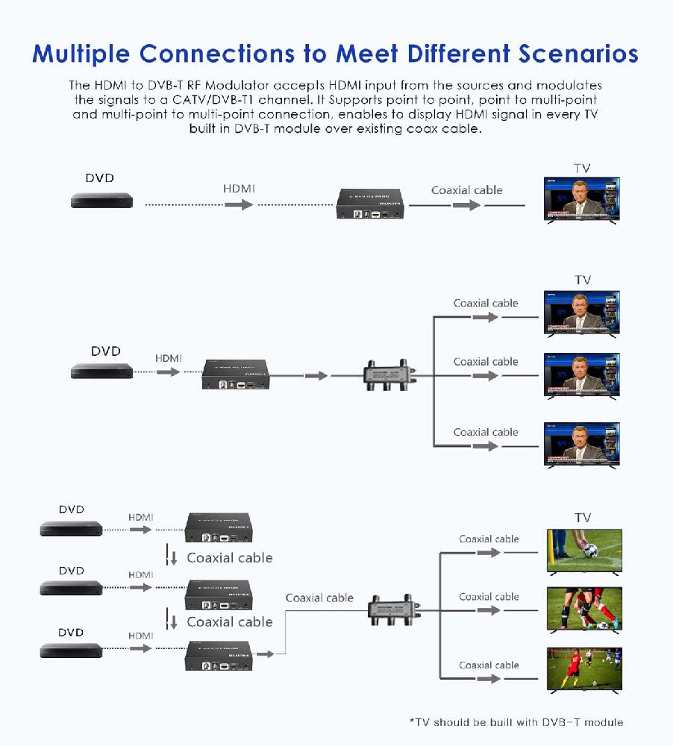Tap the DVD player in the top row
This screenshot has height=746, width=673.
tap(101, 200)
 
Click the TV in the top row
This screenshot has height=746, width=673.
tap(581, 200)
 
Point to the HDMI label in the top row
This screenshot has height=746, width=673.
tap(239, 189)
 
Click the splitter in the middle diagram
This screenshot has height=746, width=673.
tap(387, 375)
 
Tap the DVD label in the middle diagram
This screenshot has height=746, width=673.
tap(105, 351)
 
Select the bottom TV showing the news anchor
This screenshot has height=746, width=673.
tap(581, 445)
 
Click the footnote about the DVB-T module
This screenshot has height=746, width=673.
tap(516, 721)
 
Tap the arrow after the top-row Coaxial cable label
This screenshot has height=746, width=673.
tap(466, 204)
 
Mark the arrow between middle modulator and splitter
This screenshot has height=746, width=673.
tap(316, 375)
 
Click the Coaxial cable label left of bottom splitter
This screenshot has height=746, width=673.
tap(319, 598)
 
